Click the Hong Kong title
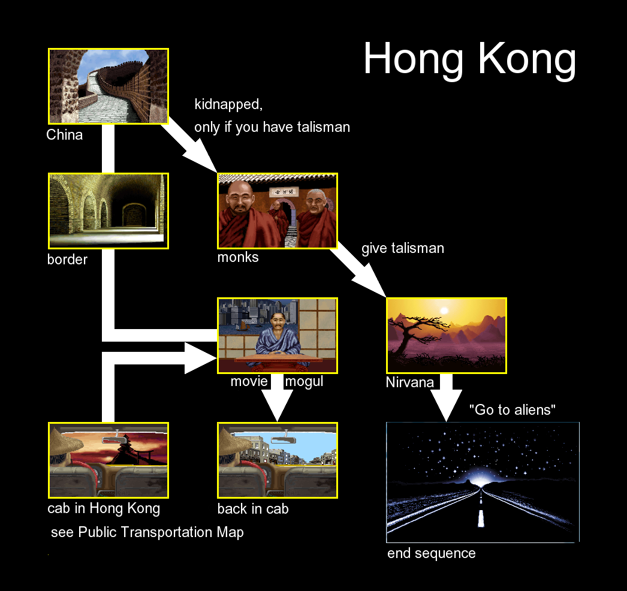click(x=469, y=59)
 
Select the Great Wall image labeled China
click(x=108, y=86)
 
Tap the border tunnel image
click(x=108, y=211)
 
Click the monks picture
click(x=278, y=211)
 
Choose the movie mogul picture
click(x=278, y=336)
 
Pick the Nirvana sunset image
click(x=447, y=336)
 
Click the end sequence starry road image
click(x=483, y=483)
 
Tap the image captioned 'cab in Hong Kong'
click(x=108, y=460)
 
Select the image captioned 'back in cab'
click(x=278, y=460)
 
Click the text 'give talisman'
click(x=403, y=248)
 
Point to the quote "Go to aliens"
click(x=513, y=410)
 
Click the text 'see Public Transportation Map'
click(x=147, y=532)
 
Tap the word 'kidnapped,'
click(x=228, y=104)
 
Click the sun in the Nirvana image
click(x=444, y=310)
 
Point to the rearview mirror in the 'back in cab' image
click(x=284, y=440)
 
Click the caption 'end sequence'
click(x=432, y=553)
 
